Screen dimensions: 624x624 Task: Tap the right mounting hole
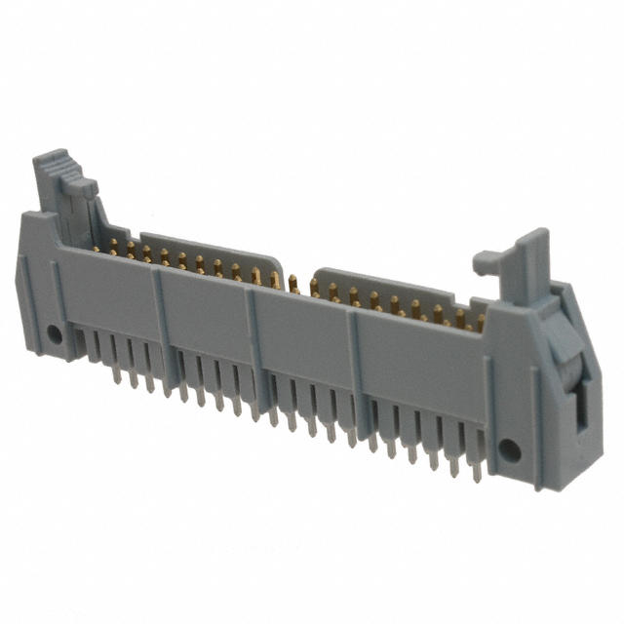(507, 449)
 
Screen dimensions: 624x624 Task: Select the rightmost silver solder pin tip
(477, 477)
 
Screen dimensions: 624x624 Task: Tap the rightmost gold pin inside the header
(480, 323)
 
